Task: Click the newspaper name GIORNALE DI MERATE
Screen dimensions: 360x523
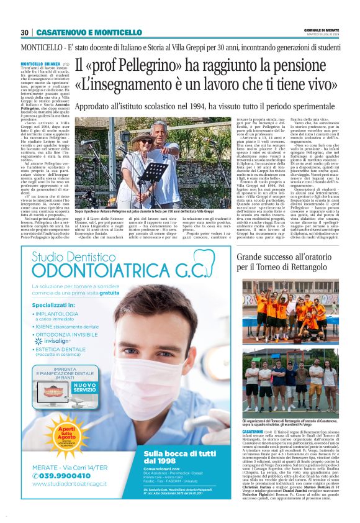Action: pos(322,29)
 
